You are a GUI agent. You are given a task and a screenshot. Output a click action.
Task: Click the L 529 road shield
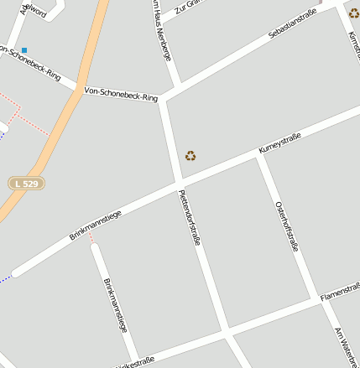pyautogui.click(x=26, y=183)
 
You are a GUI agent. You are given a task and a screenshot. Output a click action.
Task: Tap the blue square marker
pyautogui.click(x=24, y=51)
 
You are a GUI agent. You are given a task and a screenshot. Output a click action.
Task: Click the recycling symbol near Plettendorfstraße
pyautogui.click(x=190, y=155)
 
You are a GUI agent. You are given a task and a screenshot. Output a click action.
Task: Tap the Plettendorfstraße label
pyautogui.click(x=190, y=217)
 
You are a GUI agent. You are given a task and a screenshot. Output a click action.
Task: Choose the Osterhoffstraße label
pyautogui.click(x=287, y=226)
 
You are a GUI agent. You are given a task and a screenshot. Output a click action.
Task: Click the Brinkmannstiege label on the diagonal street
pyautogui.click(x=95, y=225)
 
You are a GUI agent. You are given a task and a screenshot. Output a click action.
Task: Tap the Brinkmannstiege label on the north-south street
pyautogui.click(x=119, y=305)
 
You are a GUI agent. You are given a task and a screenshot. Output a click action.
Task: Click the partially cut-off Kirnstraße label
pyautogui.click(x=353, y=46)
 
